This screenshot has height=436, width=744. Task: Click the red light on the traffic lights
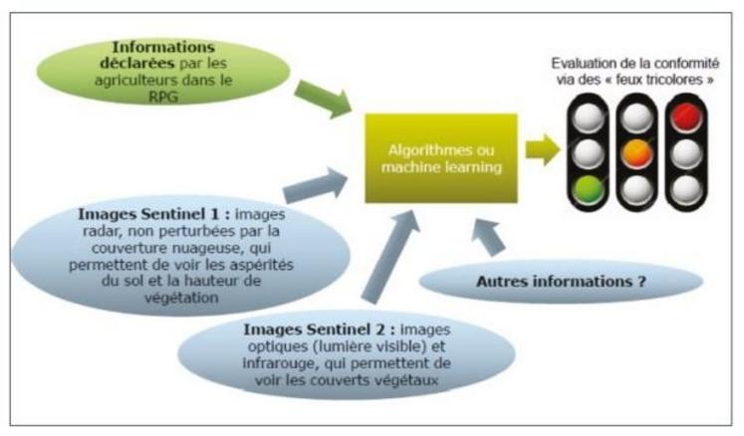(x=680, y=117)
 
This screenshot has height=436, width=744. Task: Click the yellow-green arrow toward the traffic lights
(x=542, y=150)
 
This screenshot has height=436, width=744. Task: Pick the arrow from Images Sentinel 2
(x=389, y=259)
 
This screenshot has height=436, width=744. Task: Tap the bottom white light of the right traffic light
(x=680, y=187)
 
